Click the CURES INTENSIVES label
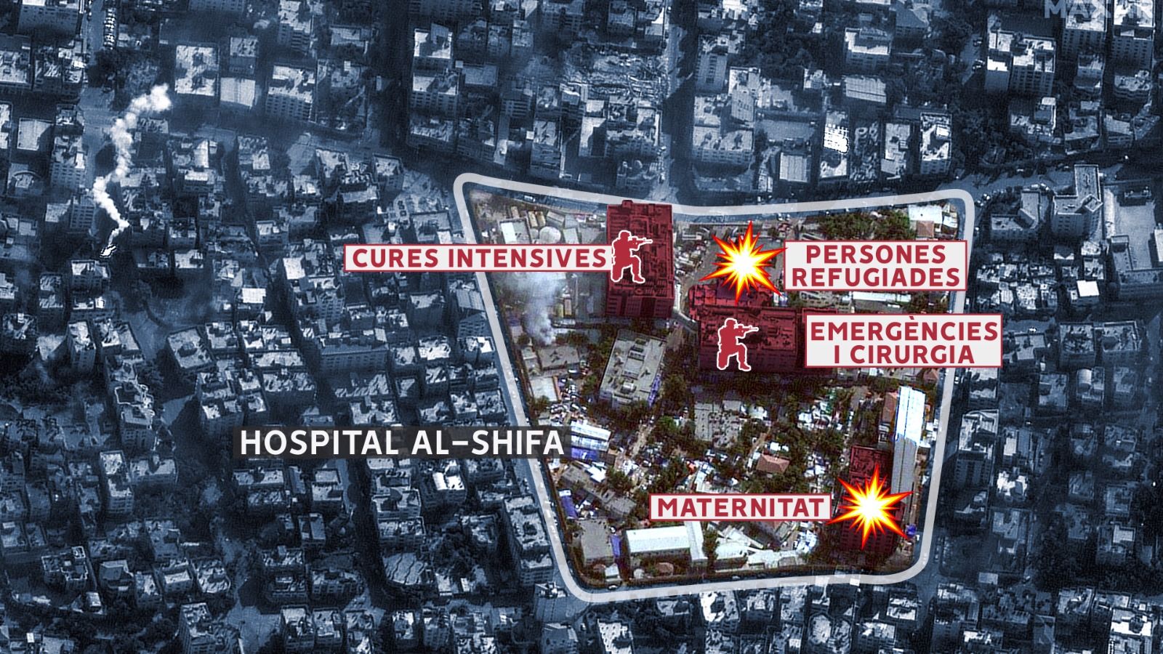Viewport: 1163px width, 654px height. (x=477, y=259)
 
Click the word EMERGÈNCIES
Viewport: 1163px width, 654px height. (x=904, y=331)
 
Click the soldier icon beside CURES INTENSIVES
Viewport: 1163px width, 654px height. (x=629, y=257)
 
